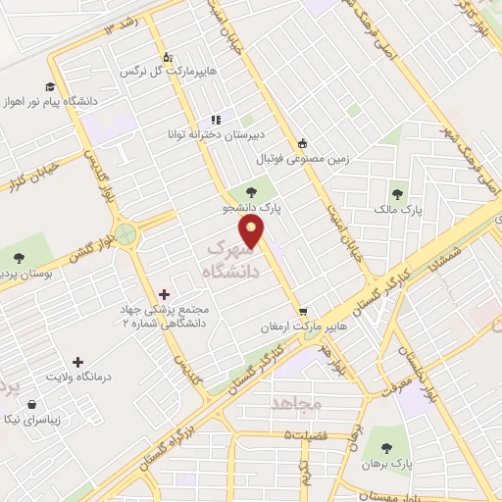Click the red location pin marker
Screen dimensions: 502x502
click(253, 231)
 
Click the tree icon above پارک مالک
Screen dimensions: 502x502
click(397, 194)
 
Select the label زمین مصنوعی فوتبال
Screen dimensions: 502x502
click(303, 157)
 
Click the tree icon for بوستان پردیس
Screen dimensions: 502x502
click(18, 258)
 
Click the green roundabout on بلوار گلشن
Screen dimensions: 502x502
click(125, 235)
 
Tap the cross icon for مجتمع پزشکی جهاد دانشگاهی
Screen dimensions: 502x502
click(164, 293)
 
